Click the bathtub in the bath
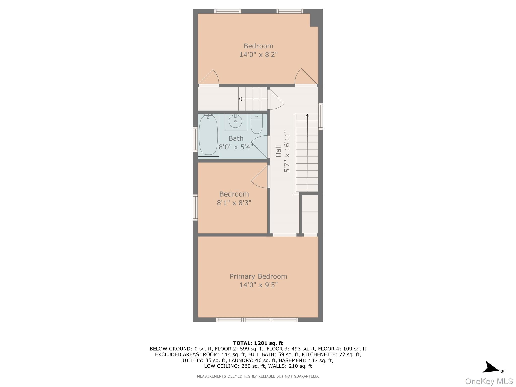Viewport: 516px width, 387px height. click(x=208, y=135)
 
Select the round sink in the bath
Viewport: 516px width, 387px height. click(x=235, y=121)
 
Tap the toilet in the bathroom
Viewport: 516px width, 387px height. click(x=256, y=124)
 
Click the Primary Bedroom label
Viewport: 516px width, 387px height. click(x=258, y=276)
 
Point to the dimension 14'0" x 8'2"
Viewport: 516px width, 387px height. click(x=258, y=55)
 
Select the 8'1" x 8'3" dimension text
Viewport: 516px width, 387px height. click(x=234, y=203)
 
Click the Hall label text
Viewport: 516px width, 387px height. click(x=278, y=151)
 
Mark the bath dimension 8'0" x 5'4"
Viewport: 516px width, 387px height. click(x=236, y=147)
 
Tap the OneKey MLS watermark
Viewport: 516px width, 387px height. click(x=489, y=381)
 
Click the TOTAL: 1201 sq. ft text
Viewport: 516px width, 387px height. click(x=258, y=343)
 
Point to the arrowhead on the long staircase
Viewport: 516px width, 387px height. click(x=307, y=116)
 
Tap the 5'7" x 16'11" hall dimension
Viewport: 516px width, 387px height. click(x=287, y=151)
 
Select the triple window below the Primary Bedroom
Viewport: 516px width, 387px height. click(x=257, y=320)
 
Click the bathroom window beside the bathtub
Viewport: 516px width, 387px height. click(x=195, y=139)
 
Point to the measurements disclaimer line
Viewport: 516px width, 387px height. click(x=258, y=376)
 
